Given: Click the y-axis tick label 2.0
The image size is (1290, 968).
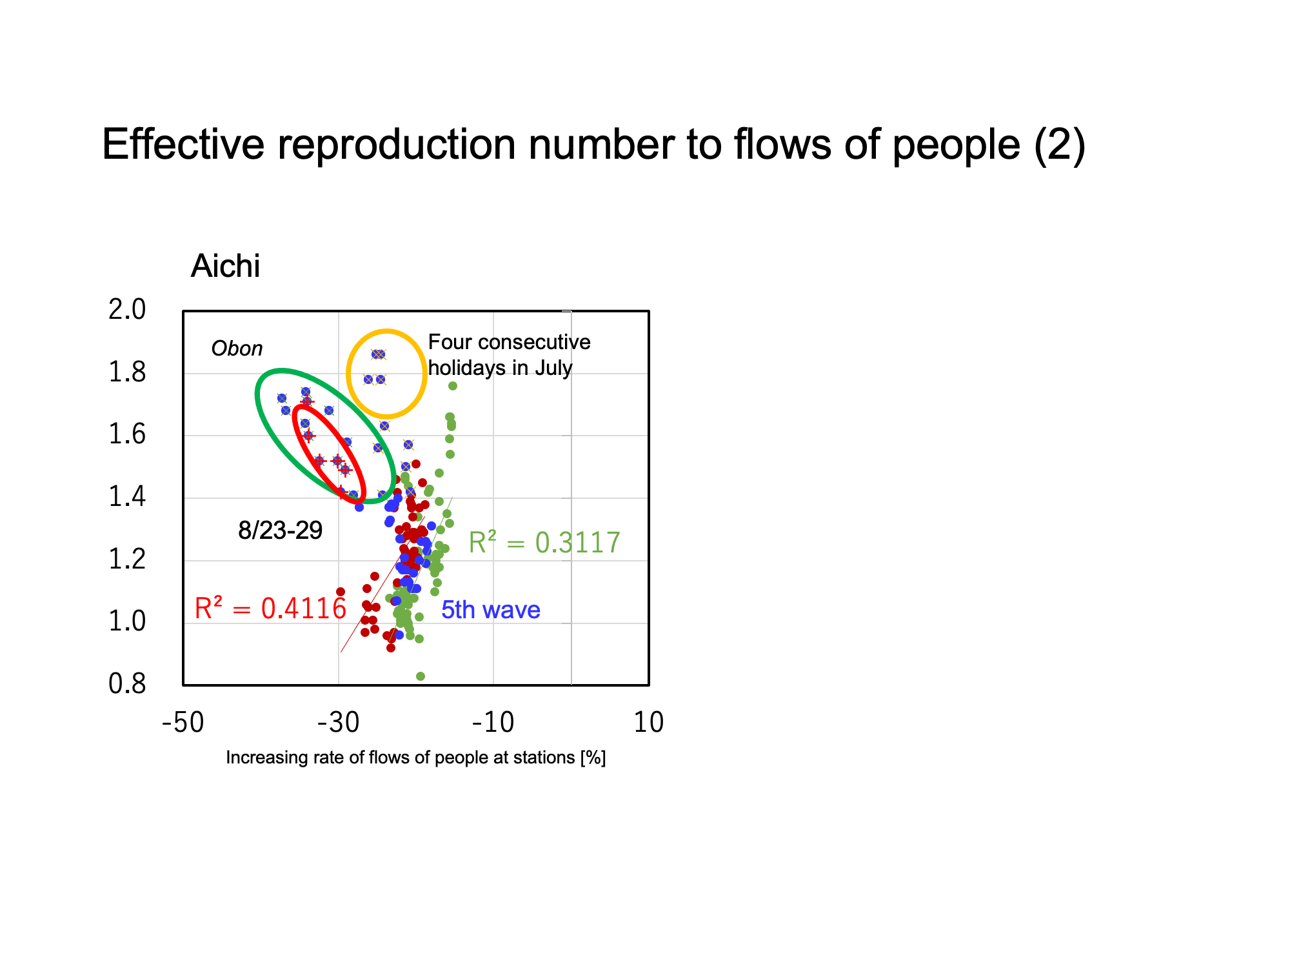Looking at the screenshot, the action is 127,310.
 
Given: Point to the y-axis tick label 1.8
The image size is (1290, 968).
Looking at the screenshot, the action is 127,372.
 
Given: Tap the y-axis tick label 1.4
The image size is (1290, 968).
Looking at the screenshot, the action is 127,497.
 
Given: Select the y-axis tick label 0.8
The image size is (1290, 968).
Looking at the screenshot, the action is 127,684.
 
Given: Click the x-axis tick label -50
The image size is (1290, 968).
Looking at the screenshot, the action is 183,723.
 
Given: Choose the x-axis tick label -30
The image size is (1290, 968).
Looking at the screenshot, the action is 339,723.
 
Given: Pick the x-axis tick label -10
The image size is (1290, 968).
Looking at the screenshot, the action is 493,723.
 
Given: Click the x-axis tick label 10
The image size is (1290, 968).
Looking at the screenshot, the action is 649,723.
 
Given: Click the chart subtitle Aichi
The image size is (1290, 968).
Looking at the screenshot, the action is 226,266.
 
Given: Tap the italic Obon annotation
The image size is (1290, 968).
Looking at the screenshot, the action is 237,349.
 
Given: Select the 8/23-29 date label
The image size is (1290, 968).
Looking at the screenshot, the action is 280,530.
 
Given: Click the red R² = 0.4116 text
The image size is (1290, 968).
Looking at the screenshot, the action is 270,609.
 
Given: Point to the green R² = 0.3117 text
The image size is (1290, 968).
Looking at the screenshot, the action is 544,543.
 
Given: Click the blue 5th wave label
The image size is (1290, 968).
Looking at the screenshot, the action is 491,610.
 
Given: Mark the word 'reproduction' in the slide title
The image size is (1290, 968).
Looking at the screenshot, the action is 397,145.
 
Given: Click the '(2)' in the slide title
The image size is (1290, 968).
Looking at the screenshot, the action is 1060,145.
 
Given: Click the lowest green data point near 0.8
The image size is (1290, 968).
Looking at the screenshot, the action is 421,676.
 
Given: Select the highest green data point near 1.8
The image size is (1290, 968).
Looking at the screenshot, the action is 453,386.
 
